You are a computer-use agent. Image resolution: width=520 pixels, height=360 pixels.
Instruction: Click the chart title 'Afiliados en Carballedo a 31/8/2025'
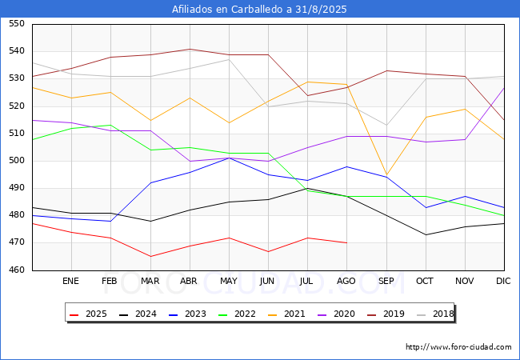click(259, 10)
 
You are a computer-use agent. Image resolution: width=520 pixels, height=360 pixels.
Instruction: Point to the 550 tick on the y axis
click(17, 25)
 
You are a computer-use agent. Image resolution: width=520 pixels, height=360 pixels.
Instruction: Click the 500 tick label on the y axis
click(17, 161)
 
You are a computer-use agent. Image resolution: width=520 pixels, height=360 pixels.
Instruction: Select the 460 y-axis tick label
click(17, 270)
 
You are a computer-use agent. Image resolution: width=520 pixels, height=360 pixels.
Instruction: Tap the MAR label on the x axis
click(150, 282)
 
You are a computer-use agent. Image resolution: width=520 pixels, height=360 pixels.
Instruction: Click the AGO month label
click(346, 282)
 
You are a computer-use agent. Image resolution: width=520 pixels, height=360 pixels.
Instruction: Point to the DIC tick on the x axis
click(503, 282)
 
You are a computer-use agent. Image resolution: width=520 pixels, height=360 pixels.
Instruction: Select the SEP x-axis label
click(386, 282)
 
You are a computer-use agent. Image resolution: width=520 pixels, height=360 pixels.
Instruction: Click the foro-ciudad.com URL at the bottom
click(458, 347)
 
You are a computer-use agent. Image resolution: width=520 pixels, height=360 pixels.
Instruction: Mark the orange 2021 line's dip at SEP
click(386, 174)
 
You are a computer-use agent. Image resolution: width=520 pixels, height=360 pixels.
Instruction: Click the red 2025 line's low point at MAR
click(150, 257)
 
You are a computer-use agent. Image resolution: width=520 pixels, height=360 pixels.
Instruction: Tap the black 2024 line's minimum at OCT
click(425, 234)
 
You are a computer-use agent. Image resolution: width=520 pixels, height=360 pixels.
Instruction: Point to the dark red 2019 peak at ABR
click(189, 50)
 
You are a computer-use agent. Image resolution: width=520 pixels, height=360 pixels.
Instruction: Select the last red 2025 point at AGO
click(346, 242)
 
